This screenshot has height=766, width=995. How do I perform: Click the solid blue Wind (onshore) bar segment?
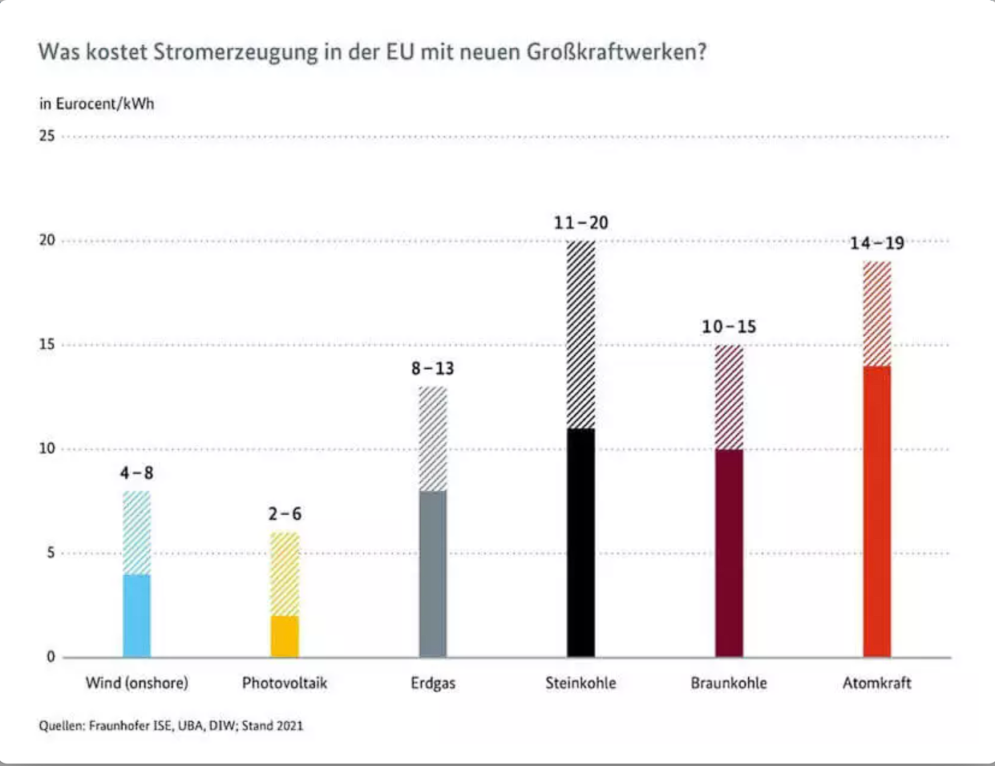coord(136,615)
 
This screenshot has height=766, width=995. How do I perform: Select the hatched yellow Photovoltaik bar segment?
coord(285,574)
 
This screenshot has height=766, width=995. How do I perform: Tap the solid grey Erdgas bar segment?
coord(433,573)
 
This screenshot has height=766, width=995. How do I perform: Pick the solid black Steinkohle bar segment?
coord(581,543)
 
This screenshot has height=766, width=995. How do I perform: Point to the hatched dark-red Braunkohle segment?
coord(729,397)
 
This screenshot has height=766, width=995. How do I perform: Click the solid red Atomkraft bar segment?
coord(877,511)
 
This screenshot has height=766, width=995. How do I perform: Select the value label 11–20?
coord(581,223)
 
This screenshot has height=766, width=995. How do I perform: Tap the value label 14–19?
coord(877,243)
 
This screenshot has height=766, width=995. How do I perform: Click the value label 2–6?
coord(285,514)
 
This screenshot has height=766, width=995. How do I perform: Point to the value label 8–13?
coord(433,368)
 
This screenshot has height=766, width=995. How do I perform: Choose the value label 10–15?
coord(729,326)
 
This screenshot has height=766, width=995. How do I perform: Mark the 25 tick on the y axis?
coord(47,136)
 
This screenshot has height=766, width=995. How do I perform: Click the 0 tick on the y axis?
coord(51,657)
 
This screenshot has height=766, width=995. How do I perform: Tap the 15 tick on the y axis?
coord(47,345)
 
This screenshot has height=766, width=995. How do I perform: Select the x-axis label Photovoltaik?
coord(285,683)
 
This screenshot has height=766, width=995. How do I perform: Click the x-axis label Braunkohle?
coord(729,683)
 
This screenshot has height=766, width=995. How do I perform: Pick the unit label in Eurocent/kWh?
coord(97,104)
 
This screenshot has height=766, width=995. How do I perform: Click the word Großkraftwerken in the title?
coord(616,53)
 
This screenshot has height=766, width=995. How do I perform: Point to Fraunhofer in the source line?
coord(119,726)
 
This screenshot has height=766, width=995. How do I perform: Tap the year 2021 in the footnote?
coord(289,726)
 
